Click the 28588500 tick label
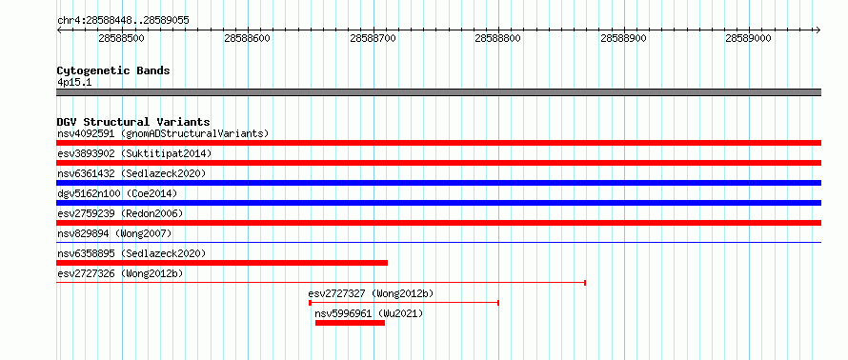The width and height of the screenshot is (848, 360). tap(122, 38)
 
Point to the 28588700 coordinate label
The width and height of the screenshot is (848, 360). tap(374, 38)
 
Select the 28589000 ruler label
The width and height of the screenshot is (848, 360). tap(749, 38)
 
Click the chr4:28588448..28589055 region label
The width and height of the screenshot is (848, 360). tap(123, 21)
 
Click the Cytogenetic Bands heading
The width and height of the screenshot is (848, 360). tap(113, 70)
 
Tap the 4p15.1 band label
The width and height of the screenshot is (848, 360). tap(74, 82)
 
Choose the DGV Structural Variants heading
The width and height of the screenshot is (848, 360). tap(133, 122)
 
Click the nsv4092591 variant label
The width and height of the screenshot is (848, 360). tap(87, 133)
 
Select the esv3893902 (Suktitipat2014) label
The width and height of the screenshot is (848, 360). tap(134, 153)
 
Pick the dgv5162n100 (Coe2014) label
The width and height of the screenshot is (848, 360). tap(117, 193)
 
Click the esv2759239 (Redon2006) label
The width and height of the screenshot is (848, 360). tap(120, 213)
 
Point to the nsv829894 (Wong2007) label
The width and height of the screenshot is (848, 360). tap(114, 233)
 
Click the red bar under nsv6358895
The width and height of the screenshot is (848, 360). tap(222, 263)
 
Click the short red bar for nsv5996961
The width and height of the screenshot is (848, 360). tap(350, 323)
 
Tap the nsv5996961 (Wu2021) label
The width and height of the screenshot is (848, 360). tap(369, 313)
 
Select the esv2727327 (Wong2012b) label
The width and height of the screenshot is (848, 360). tap(371, 293)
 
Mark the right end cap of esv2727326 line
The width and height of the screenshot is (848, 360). tap(585, 283)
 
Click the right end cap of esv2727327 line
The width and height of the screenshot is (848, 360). tap(497, 303)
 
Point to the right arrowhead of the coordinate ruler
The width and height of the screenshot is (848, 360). tap(818, 30)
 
